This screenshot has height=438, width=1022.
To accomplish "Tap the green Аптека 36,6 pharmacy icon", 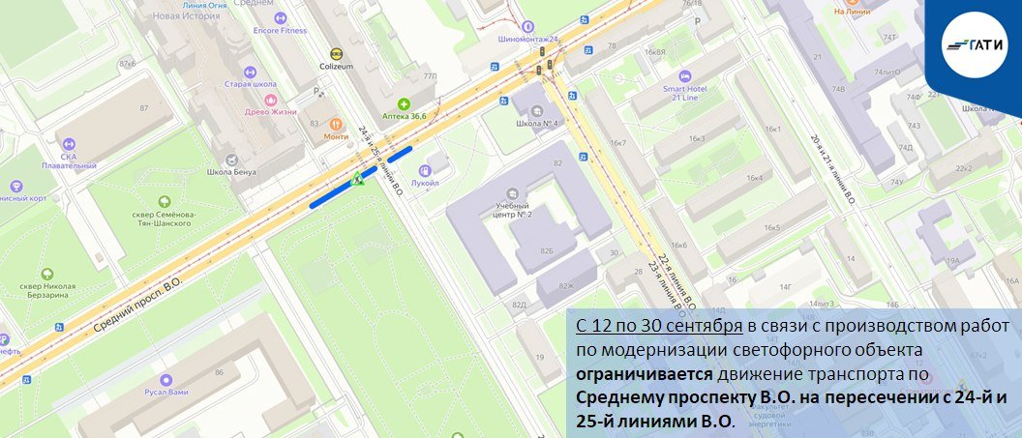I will [x=404, y=103].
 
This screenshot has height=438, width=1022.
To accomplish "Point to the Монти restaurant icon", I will [x=336, y=124].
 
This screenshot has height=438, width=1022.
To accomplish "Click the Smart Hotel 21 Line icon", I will [x=686, y=75].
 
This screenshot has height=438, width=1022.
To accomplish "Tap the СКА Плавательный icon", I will [x=69, y=144].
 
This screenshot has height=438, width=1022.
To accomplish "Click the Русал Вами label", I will [x=166, y=393].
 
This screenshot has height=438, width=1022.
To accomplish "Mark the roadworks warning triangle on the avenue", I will [x=357, y=178].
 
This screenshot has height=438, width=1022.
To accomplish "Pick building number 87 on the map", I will [x=143, y=107].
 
